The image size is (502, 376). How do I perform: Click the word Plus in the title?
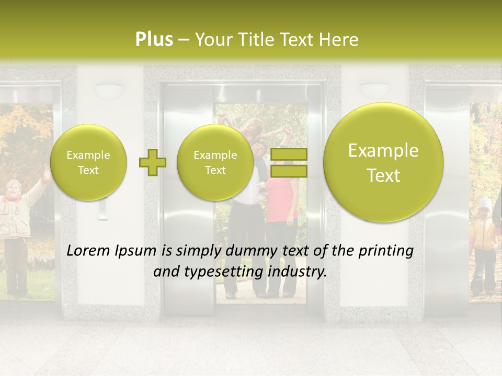154,40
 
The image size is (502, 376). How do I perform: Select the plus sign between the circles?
152,162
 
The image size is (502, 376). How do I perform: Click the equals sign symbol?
289,162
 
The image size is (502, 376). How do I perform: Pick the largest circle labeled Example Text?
383,162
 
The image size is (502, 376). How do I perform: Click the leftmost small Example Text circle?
88,162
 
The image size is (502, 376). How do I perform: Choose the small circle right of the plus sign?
215,162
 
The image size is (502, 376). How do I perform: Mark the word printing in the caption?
386,251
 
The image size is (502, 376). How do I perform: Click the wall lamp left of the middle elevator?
109,90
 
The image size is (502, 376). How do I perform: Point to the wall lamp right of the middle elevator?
374,89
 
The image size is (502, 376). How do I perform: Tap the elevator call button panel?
102,209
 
